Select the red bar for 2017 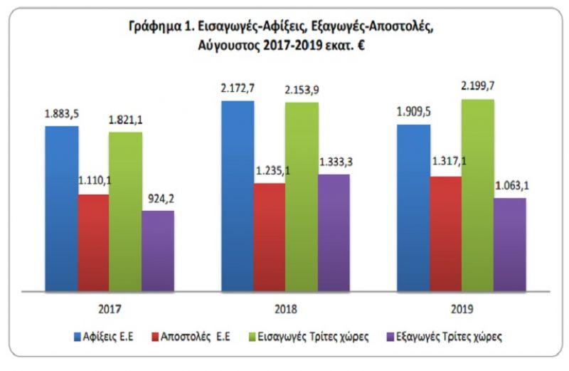[94, 242]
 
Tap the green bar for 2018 [302, 196]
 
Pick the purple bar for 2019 [509, 244]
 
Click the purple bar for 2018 [333, 232]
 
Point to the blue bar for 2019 [414, 207]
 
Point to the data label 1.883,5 [61, 114]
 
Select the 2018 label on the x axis [285, 310]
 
